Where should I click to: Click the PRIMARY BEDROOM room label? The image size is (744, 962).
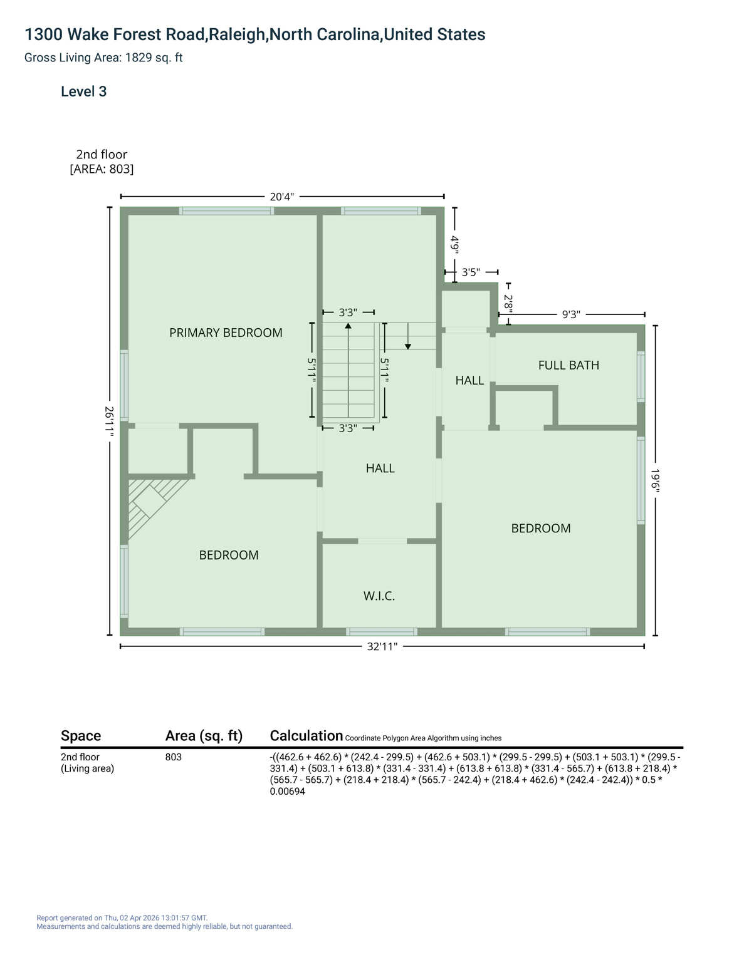[226, 333]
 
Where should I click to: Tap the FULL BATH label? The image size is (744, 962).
[568, 365]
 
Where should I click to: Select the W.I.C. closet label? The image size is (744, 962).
[379, 596]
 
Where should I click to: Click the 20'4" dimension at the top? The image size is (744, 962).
[281, 197]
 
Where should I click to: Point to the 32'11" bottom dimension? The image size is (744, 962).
[382, 646]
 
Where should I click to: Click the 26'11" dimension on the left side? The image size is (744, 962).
[109, 422]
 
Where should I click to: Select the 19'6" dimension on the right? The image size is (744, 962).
[656, 481]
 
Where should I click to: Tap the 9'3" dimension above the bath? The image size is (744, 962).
[570, 314]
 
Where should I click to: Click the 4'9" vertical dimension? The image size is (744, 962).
[455, 244]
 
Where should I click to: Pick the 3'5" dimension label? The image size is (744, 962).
[471, 272]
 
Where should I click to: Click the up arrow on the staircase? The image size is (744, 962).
[348, 326]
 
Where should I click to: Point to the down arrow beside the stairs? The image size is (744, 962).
[408, 346]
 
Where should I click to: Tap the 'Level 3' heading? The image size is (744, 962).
[83, 91]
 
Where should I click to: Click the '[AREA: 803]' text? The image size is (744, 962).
[102, 169]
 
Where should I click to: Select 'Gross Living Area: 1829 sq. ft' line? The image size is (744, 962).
[103, 58]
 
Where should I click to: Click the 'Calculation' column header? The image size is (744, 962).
[306, 735]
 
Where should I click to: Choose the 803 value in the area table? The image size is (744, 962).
[174, 757]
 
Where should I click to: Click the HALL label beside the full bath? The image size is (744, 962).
[469, 380]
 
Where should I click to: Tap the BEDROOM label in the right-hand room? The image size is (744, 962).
[541, 528]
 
